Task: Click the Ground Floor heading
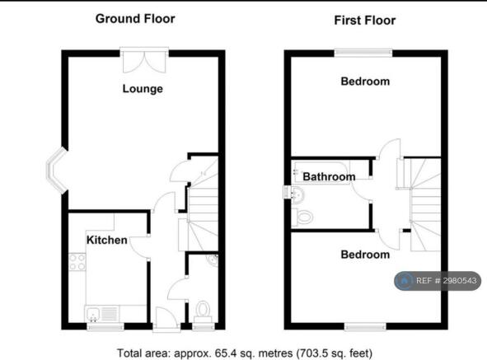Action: pyautogui.click(x=135, y=19)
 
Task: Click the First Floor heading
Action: pyautogui.click(x=364, y=21)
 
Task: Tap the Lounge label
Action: pyautogui.click(x=143, y=89)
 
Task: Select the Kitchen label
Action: pyautogui.click(x=107, y=240)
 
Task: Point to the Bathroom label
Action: pyautogui.click(x=329, y=177)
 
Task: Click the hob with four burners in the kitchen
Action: pyautogui.click(x=77, y=262)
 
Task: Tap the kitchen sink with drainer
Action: pyautogui.click(x=102, y=313)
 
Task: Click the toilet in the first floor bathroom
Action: pyautogui.click(x=302, y=217)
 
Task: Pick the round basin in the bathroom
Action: pyautogui.click(x=297, y=194)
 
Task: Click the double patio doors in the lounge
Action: pyautogui.click(x=144, y=61)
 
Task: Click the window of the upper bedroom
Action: pyautogui.click(x=363, y=53)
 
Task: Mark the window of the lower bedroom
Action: pyautogui.click(x=365, y=326)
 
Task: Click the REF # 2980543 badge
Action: pyautogui.click(x=438, y=281)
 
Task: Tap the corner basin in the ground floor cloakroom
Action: pyautogui.click(x=213, y=260)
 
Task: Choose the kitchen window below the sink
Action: pyautogui.click(x=105, y=326)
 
